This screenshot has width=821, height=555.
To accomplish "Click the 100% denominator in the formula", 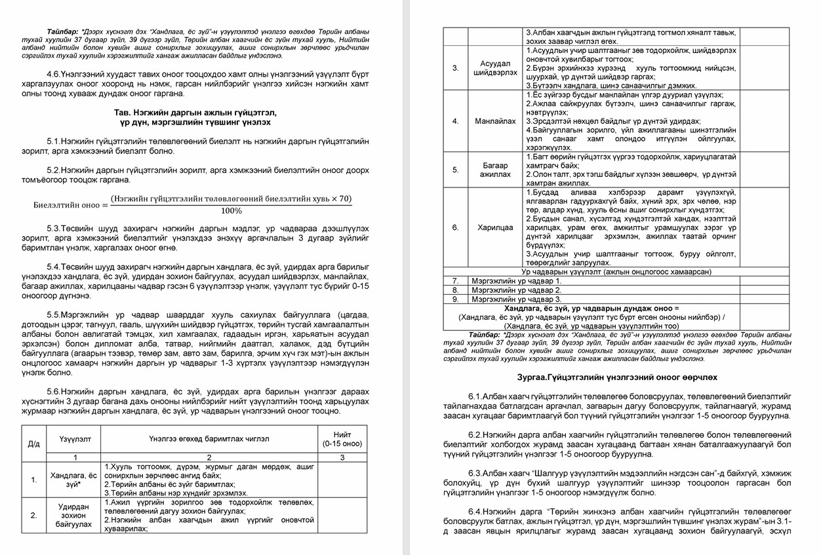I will pyautogui.click(x=231, y=211).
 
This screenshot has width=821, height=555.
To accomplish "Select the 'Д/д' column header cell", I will pyautogui.click(x=33, y=443).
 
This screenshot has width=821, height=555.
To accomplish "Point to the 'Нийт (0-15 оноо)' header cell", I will pyautogui.click(x=341, y=438).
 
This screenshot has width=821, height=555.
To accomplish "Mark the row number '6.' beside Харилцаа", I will pyautogui.click(x=455, y=227).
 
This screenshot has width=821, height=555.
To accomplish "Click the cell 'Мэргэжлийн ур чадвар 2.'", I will pyautogui.click(x=517, y=290).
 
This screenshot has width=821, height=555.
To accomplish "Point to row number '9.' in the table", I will pyautogui.click(x=455, y=299).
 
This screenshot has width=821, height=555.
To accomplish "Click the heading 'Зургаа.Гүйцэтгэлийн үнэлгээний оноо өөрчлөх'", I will pyautogui.click(x=616, y=377).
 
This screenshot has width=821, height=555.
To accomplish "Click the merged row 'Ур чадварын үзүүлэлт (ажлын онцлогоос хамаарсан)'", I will pyautogui.click(x=616, y=271).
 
